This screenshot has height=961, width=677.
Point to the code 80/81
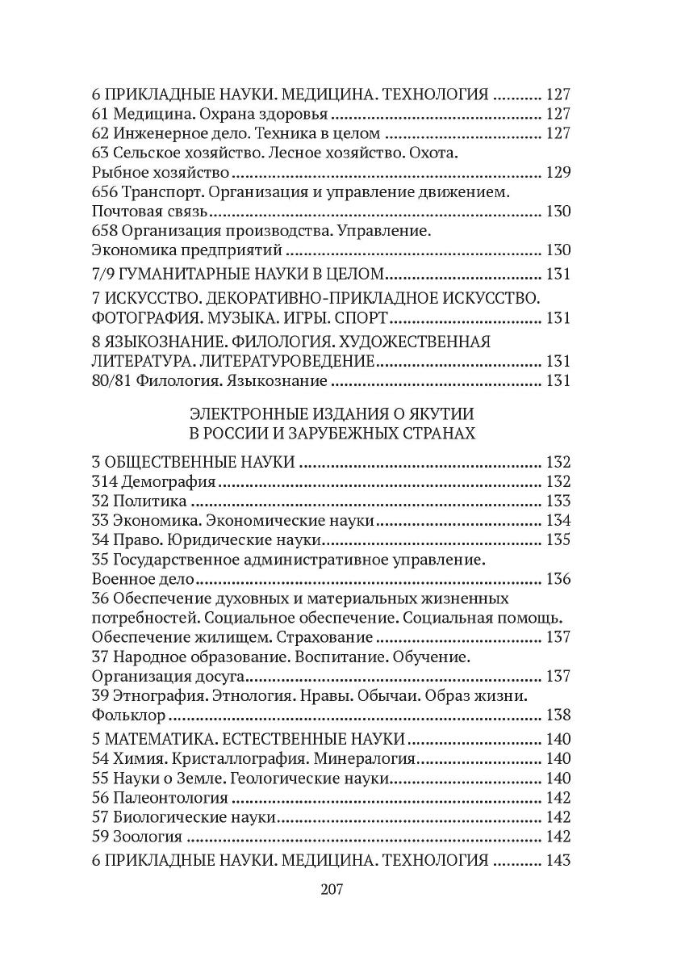(x=112, y=380)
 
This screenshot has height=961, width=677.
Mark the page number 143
(x=558, y=860)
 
